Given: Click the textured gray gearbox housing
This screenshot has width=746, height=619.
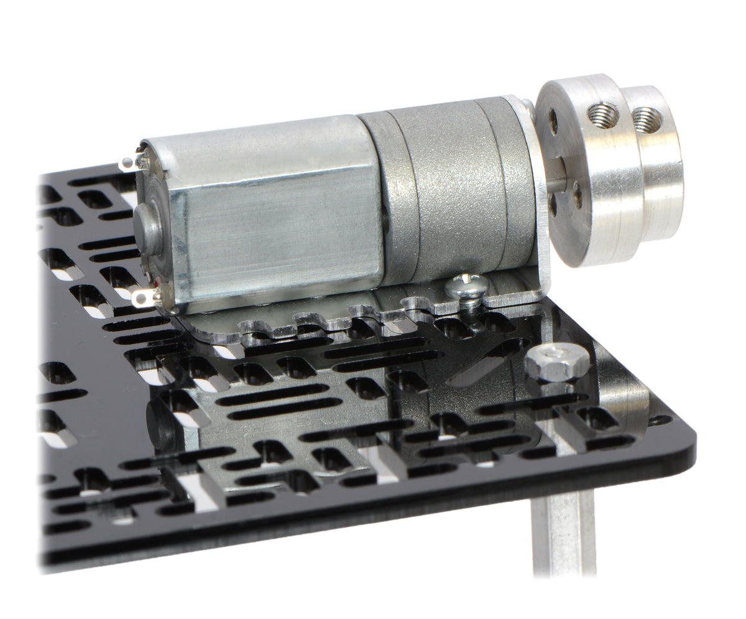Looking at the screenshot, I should (460, 187).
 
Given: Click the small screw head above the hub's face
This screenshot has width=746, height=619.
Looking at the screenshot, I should (528, 106).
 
